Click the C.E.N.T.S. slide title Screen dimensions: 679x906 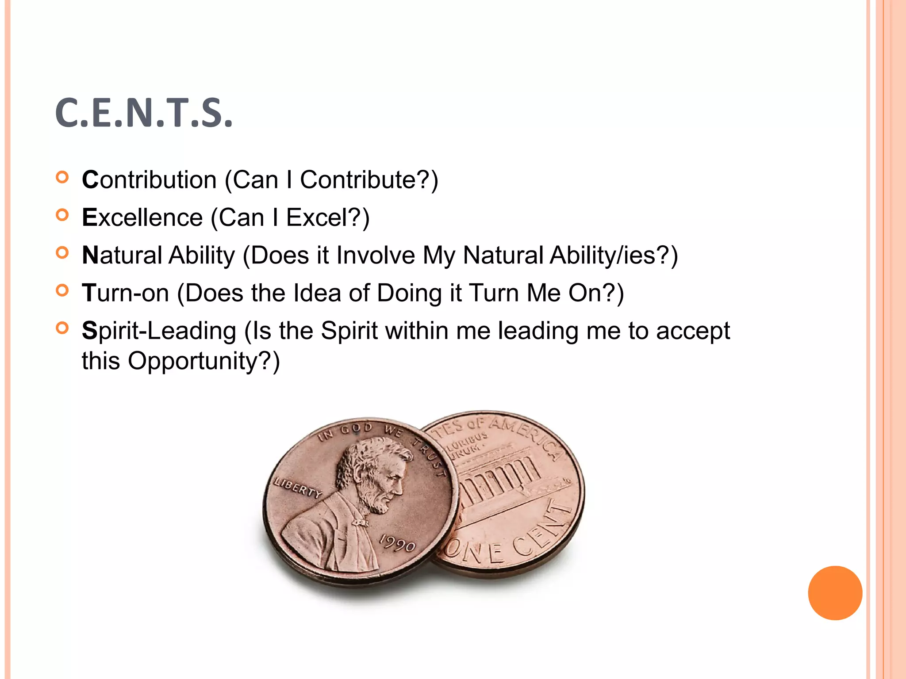(144, 113)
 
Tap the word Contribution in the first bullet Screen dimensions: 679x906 (149, 180)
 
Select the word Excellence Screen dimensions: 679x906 (142, 217)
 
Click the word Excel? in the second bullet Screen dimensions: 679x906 (327, 217)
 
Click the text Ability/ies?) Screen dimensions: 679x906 (614, 256)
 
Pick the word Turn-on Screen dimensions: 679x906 (126, 293)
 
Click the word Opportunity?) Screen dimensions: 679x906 (204, 361)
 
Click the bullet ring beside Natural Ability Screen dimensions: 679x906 (63, 253)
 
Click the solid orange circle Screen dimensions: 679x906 (835, 593)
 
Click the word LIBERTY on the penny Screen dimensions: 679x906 (298, 488)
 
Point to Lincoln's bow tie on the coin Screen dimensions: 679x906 (360, 523)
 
